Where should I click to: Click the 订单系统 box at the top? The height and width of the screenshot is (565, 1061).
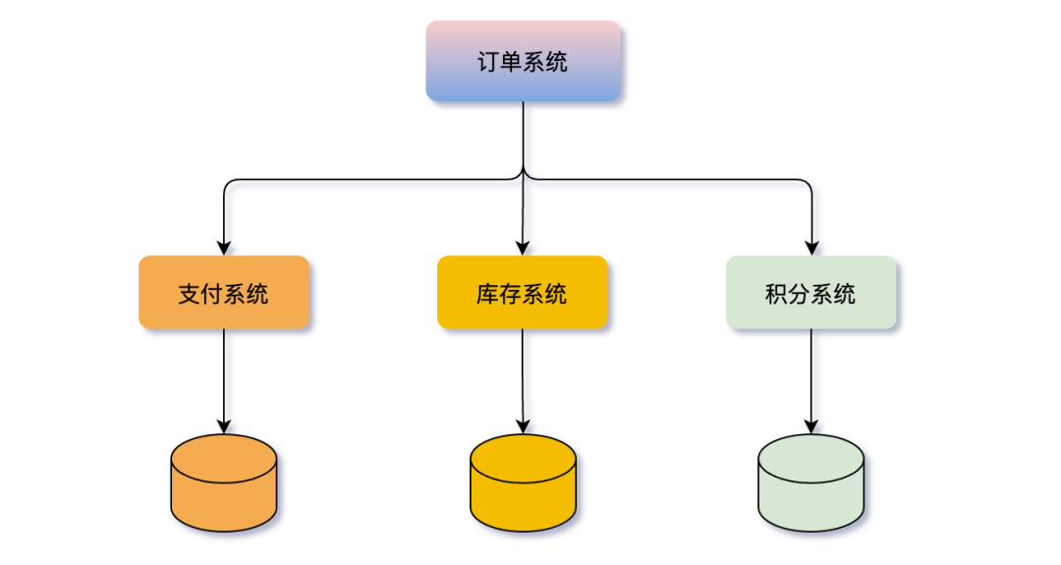(523, 61)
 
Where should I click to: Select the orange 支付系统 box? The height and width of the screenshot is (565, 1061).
(223, 292)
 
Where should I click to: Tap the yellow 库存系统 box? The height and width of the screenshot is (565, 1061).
(522, 292)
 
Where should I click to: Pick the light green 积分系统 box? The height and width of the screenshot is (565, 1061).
(810, 292)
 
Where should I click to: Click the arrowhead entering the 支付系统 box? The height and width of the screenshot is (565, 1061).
(224, 248)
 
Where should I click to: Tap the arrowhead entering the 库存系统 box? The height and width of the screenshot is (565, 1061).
(523, 248)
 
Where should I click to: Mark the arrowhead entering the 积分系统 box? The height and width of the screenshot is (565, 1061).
(811, 248)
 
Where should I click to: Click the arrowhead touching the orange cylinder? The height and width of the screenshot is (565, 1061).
(224, 426)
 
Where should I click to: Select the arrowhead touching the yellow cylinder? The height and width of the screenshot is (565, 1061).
(523, 426)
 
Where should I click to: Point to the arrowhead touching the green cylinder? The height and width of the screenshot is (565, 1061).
(811, 426)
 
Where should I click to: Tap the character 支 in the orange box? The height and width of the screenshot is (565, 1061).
(189, 293)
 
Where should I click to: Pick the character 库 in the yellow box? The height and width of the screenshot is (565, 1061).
(487, 293)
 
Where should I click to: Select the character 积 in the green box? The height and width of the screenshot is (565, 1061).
(776, 293)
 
